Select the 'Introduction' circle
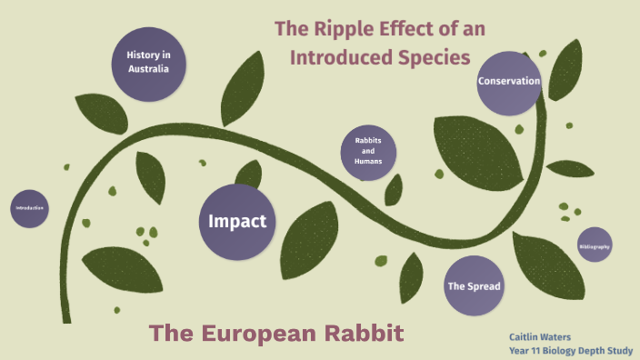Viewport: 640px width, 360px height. coord(29,208)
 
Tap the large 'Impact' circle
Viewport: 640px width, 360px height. coord(236,221)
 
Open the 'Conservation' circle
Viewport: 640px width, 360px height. coord(509,82)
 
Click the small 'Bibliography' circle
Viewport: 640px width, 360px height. coord(595,246)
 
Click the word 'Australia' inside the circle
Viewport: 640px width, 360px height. coord(149,69)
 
